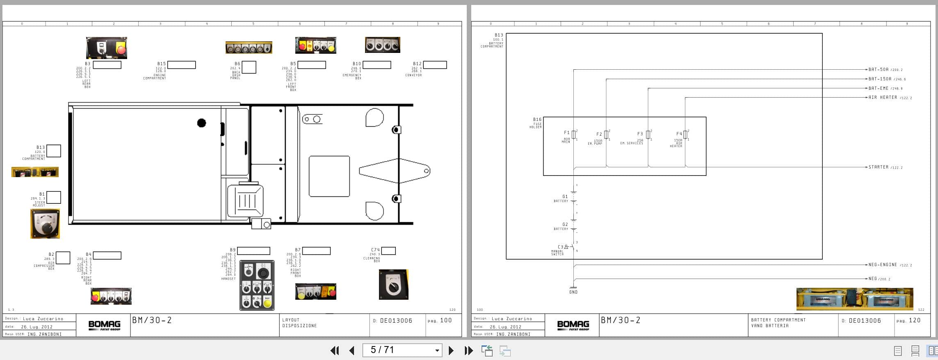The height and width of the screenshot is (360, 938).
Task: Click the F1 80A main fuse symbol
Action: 573,135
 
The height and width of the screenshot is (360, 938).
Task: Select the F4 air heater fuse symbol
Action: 685,135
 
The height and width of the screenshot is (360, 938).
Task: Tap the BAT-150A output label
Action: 880,79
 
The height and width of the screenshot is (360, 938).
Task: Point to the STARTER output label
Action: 878,167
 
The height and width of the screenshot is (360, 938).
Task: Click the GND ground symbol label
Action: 573,292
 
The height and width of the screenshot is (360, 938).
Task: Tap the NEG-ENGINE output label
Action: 883,265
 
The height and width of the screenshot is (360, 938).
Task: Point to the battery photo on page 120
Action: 854,299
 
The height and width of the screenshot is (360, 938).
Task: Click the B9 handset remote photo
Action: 257,285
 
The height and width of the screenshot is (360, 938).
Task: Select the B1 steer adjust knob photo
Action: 45,223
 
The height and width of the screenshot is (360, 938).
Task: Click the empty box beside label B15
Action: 181,65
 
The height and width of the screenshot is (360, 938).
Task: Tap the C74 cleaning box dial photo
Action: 393,284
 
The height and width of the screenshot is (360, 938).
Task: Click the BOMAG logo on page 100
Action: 104,326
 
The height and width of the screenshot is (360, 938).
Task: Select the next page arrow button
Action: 451,351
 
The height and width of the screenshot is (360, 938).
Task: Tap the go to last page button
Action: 468,351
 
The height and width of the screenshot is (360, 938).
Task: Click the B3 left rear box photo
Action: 106,48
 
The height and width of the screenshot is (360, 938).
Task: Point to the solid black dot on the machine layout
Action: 201,123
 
